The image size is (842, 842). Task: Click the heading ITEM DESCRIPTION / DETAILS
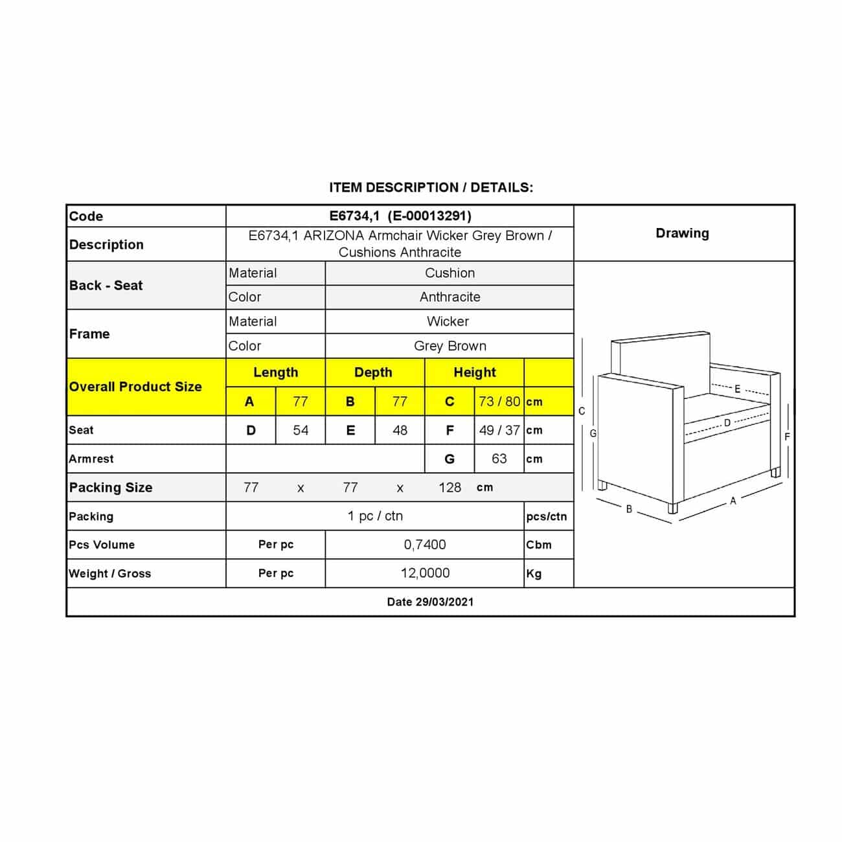tap(431, 188)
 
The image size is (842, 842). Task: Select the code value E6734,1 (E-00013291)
tap(400, 216)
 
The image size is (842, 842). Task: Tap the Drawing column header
tap(682, 233)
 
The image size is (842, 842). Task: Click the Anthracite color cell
tap(449, 297)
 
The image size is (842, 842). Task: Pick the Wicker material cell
tap(448, 321)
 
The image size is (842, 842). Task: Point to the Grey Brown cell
tap(449, 346)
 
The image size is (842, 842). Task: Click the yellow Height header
tap(474, 372)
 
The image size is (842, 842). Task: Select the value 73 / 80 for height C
tap(499, 402)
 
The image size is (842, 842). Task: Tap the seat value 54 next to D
tap(301, 430)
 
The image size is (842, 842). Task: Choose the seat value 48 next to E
tap(400, 430)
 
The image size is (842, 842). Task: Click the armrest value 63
tap(499, 459)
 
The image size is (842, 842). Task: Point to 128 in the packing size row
tap(449, 488)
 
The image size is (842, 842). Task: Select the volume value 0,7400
tap(424, 545)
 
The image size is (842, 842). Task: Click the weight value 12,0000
tap(424, 573)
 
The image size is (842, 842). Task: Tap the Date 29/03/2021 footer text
tap(430, 602)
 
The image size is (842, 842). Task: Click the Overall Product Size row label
tap(135, 387)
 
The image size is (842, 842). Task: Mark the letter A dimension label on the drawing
tap(733, 501)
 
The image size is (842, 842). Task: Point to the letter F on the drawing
tap(787, 437)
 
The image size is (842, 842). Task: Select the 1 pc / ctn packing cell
tap(375, 516)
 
